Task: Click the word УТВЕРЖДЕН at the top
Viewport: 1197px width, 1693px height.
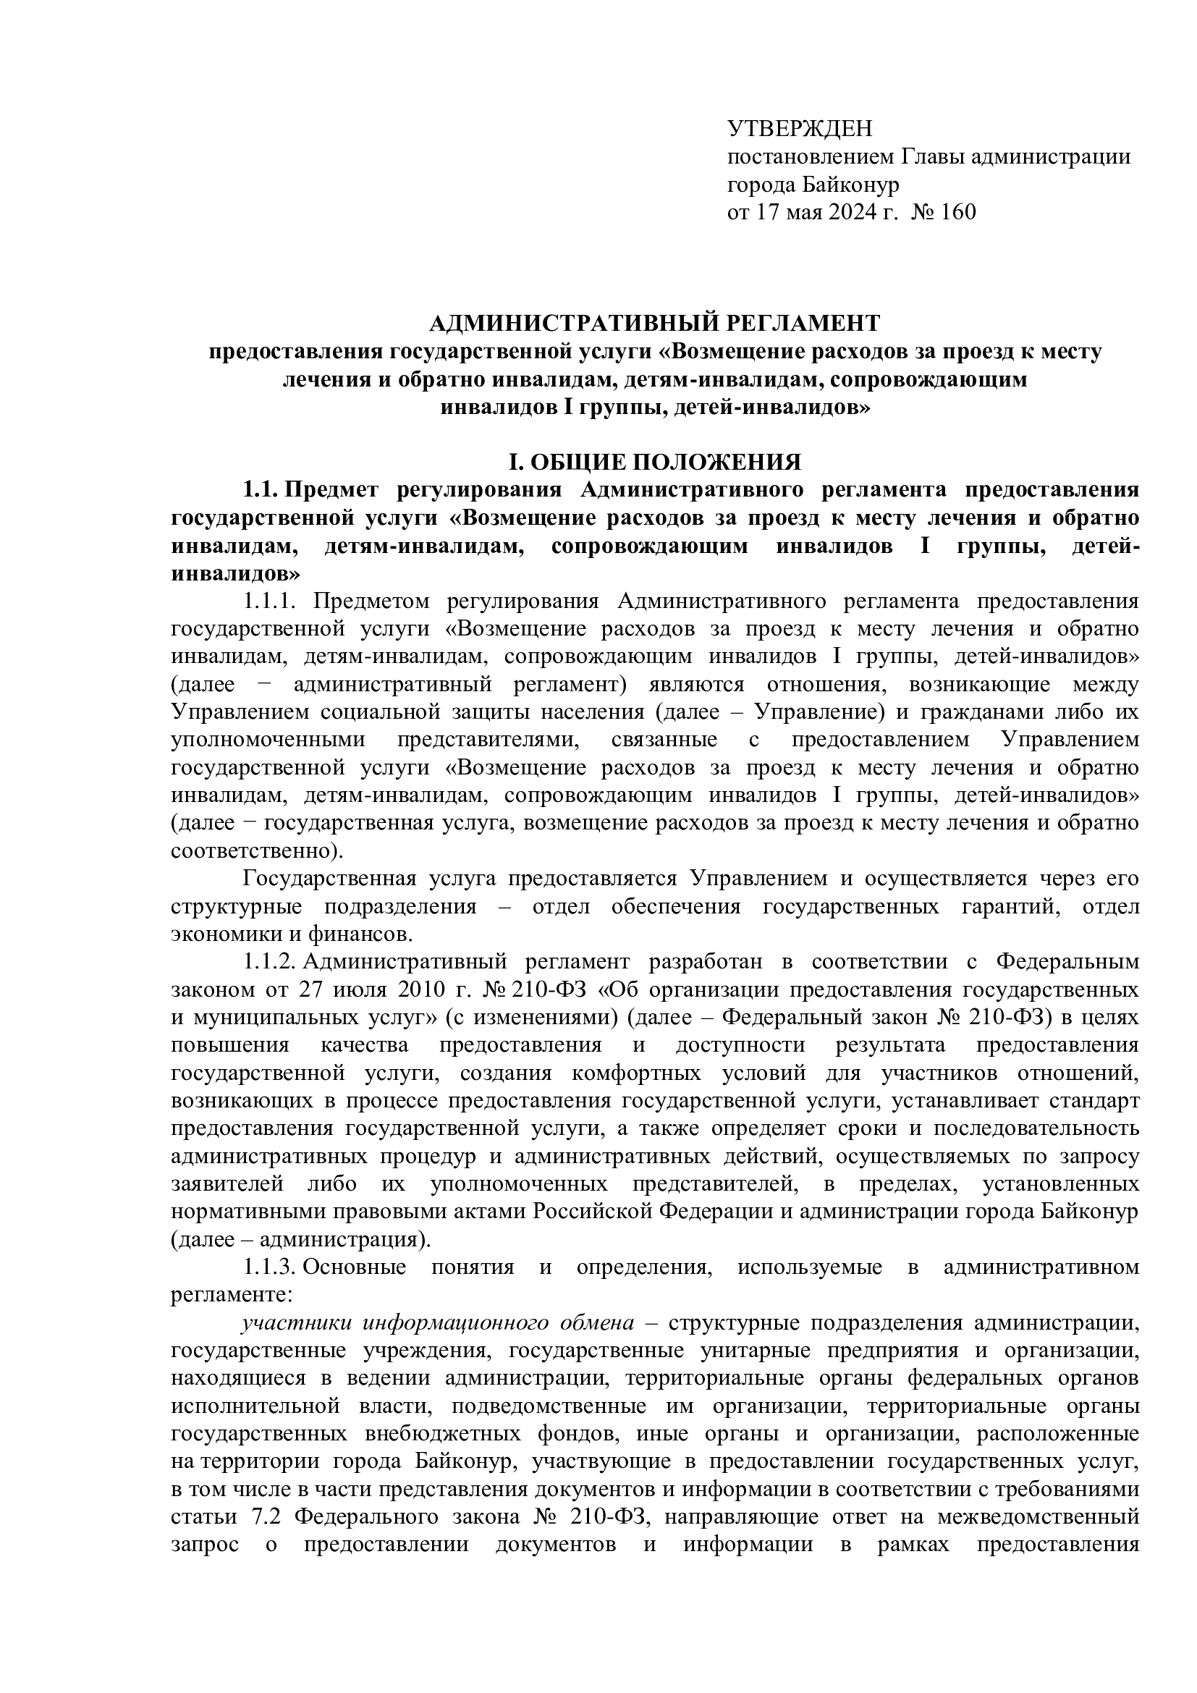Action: (799, 129)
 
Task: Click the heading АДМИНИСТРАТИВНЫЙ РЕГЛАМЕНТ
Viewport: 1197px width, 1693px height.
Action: (654, 323)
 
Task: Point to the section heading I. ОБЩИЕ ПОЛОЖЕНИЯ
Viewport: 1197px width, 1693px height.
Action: (655, 463)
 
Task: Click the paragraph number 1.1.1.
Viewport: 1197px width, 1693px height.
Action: (269, 601)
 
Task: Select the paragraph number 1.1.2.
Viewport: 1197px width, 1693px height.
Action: (269, 962)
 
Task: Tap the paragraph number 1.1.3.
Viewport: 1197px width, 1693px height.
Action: (269, 1267)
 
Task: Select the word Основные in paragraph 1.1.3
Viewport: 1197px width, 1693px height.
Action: (355, 1267)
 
